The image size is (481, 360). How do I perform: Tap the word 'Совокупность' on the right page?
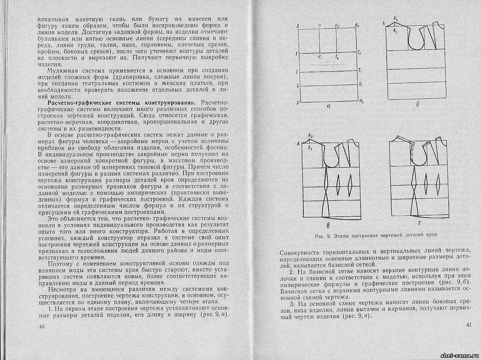pos(299,252)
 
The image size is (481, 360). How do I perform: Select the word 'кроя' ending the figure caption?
pos(431,235)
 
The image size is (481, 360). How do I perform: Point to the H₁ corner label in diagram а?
pos(361,100)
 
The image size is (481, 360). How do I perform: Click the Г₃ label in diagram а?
pos(359,53)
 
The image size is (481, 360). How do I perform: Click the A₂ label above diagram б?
pos(395,19)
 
